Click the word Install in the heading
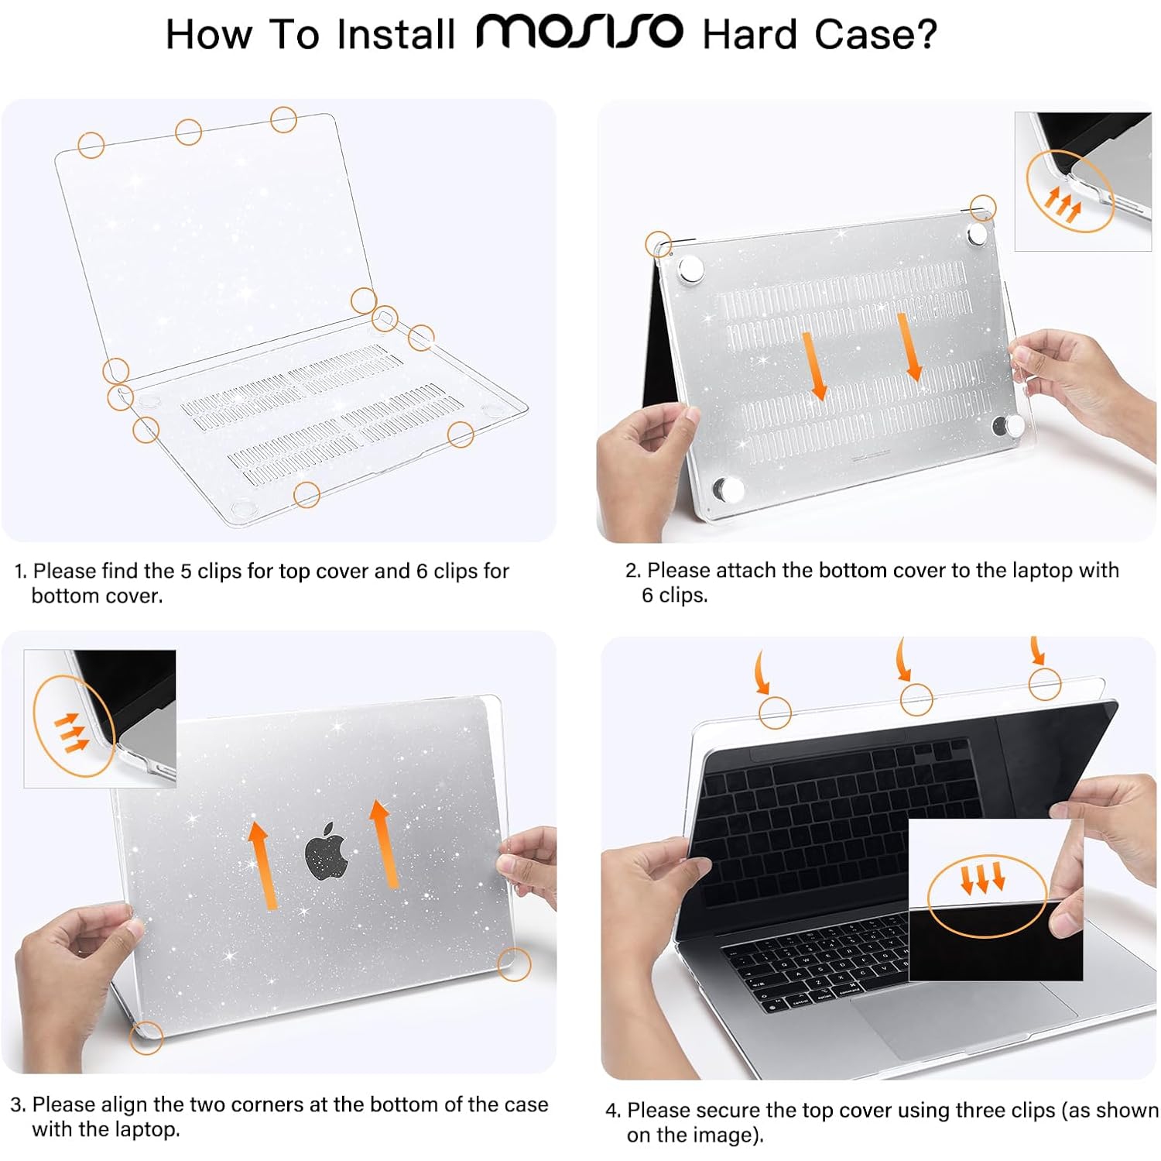click(396, 35)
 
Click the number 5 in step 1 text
click(186, 571)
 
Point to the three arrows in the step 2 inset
click(1063, 204)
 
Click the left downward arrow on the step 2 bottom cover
click(813, 366)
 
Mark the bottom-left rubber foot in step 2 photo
click(728, 489)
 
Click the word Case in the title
click(855, 35)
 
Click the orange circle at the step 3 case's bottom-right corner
click(514, 964)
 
